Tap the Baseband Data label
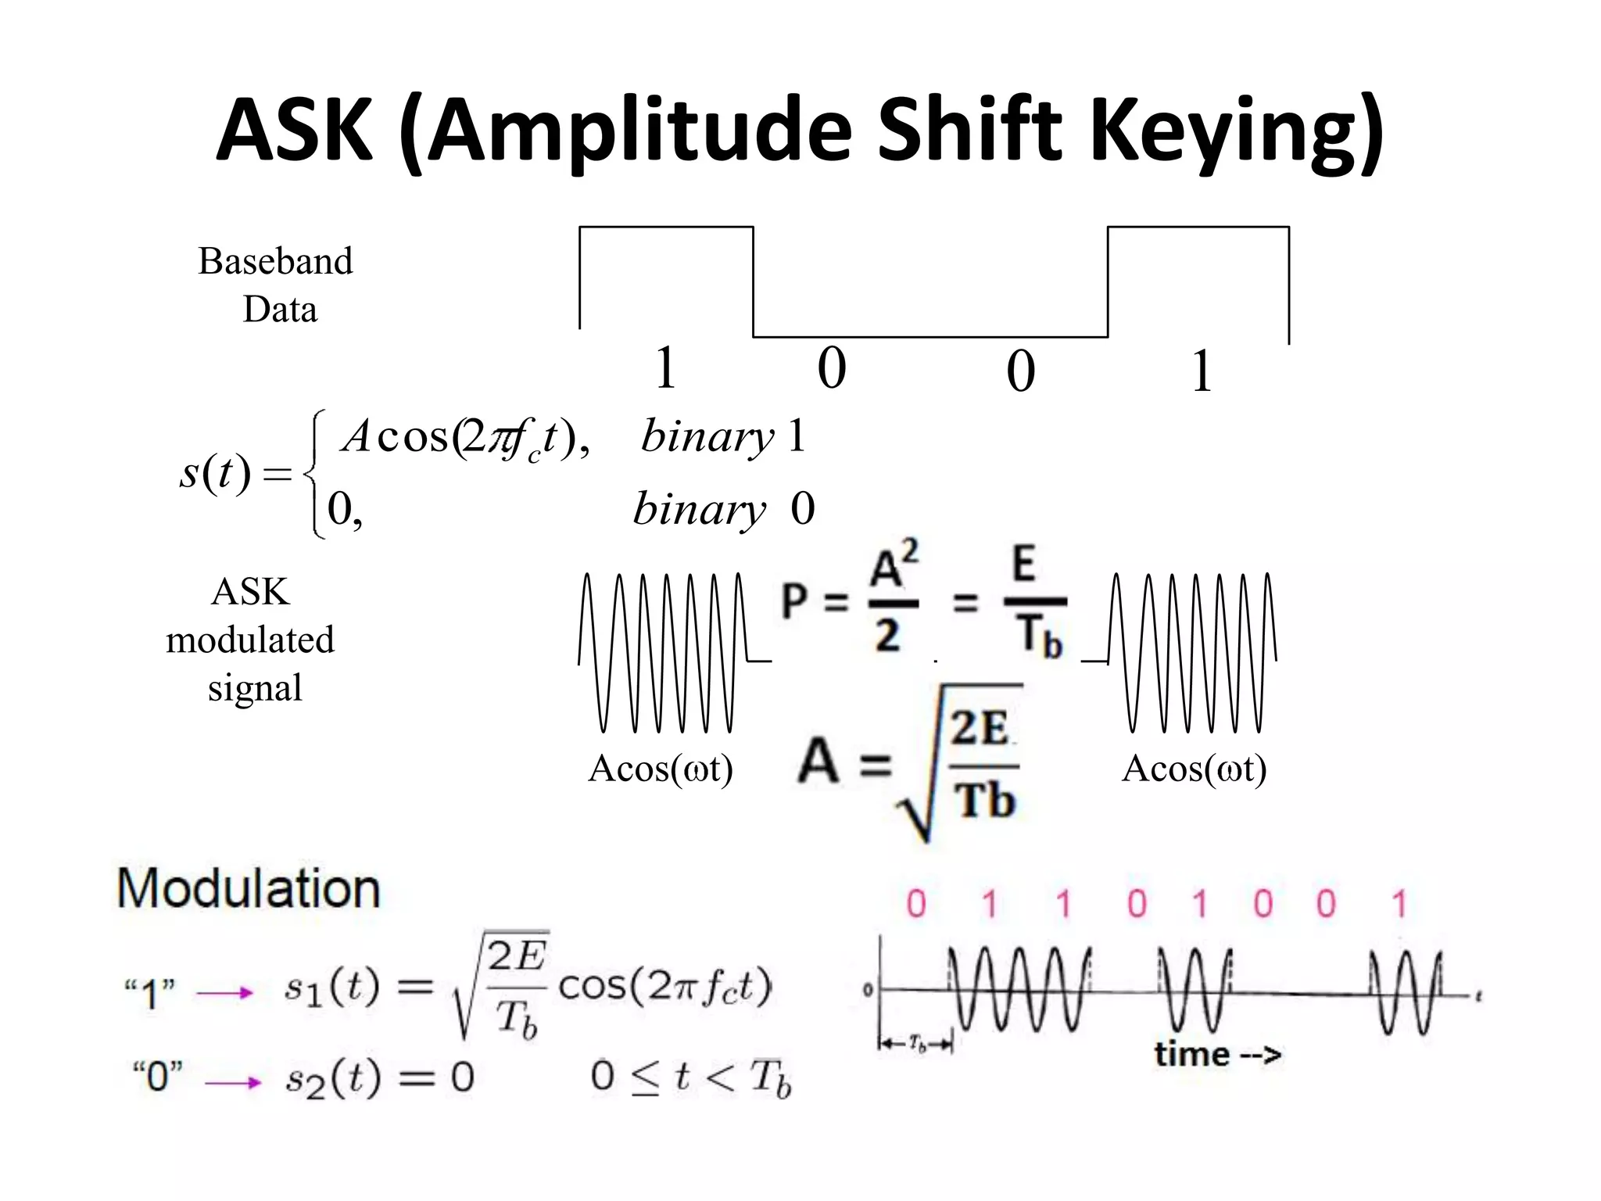[276, 285]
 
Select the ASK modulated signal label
[251, 640]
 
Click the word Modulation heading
[249, 889]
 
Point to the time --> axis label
[1217, 1055]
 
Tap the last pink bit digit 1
[1399, 905]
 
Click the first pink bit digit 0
[916, 905]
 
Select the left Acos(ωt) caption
[661, 769]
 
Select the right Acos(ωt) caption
[1194, 769]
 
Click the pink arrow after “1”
[225, 994]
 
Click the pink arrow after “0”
[232, 1083]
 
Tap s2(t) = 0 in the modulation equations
[379, 1079]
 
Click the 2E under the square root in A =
[979, 728]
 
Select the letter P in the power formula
[795, 601]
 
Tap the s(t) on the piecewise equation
[215, 473]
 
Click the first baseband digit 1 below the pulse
[665, 367]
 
